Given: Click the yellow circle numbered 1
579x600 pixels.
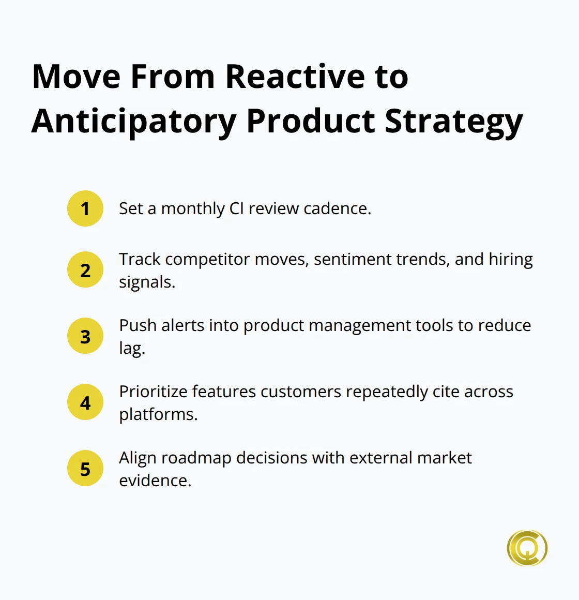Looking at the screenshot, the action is click(85, 208).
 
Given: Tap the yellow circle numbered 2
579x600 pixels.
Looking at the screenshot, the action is click(85, 270).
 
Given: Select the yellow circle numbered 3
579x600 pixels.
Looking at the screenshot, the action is click(85, 336).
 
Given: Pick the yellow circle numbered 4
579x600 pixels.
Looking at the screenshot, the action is click(85, 402).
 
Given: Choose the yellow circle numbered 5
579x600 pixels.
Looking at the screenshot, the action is click(85, 469).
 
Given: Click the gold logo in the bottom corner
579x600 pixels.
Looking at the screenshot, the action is click(527, 548).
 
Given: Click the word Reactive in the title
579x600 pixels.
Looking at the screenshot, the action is click(295, 77).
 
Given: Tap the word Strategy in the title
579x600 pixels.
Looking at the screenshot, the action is click(453, 122).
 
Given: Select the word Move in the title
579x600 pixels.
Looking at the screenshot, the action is click(77, 77).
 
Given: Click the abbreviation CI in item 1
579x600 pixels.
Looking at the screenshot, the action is click(236, 208).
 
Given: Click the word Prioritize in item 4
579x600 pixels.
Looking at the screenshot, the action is click(154, 392).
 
